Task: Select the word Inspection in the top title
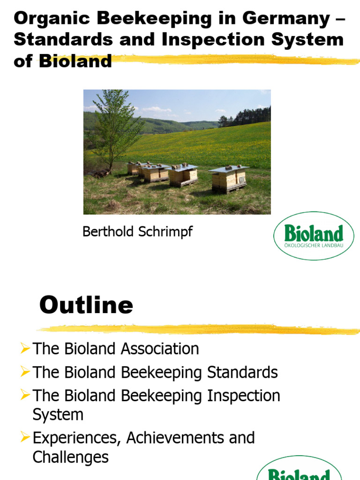(x=213, y=40)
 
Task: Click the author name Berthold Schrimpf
(x=137, y=232)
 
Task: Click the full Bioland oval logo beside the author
(x=314, y=236)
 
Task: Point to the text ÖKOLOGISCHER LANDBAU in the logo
(x=314, y=246)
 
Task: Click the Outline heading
(x=86, y=305)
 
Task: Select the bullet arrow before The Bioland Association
(x=25, y=348)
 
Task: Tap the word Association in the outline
(x=160, y=349)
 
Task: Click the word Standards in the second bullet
(x=242, y=372)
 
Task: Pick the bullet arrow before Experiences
(x=25, y=437)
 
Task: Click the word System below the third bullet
(x=58, y=415)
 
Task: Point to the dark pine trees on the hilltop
(x=245, y=117)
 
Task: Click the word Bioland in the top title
(x=75, y=60)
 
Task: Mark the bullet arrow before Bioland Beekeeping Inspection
(x=25, y=394)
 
